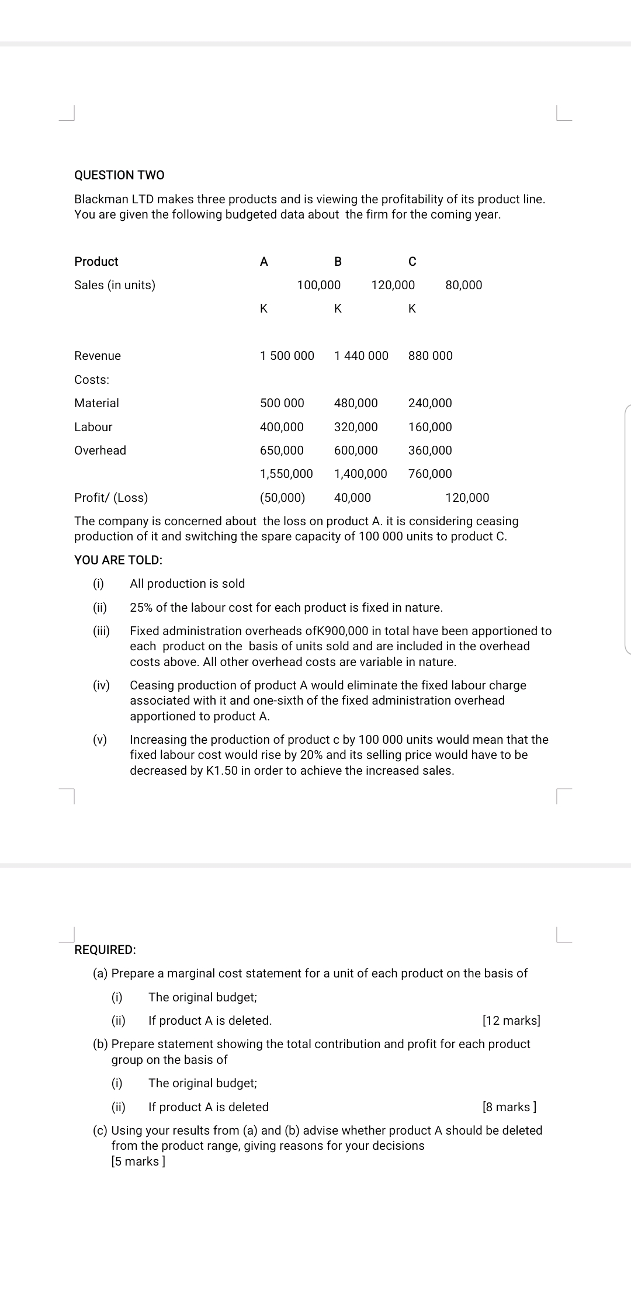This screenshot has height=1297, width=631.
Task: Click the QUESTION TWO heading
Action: [119, 175]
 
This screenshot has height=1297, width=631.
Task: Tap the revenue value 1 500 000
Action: [287, 356]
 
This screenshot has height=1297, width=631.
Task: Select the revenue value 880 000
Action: [430, 356]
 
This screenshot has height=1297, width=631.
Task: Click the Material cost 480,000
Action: [356, 403]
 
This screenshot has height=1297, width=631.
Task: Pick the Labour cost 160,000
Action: [430, 427]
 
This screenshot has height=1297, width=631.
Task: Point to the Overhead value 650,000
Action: [282, 450]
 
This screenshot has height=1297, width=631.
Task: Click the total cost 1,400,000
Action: [360, 474]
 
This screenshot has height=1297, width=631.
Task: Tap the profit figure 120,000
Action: [467, 498]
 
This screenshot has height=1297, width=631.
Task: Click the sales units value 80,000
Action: [463, 285]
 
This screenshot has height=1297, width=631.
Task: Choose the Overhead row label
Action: [100, 450]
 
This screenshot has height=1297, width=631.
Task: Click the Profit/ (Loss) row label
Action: [111, 498]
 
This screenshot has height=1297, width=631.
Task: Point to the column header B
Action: [338, 262]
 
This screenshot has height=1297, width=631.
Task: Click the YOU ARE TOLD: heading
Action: [118, 560]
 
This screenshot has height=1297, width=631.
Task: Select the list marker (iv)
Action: [101, 685]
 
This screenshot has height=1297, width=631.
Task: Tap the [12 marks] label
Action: [511, 1021]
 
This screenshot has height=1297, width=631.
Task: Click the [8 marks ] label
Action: [509, 1107]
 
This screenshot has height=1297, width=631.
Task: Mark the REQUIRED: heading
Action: [105, 950]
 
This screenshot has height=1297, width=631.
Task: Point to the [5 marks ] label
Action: [138, 1161]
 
